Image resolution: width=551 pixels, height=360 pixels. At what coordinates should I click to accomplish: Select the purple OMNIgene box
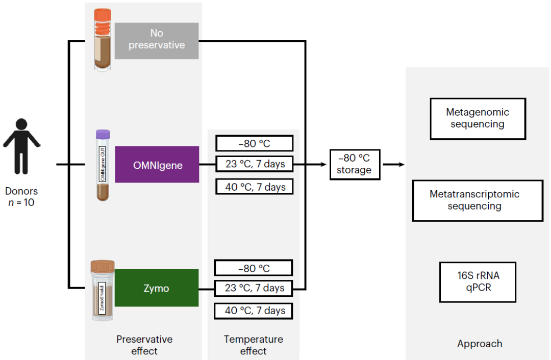tap(157, 164)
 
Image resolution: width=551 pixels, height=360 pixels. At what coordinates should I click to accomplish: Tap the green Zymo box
tap(156, 288)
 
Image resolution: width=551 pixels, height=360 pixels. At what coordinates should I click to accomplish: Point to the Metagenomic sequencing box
tap(478, 118)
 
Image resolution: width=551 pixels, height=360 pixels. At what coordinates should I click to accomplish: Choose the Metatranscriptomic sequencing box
tap(477, 200)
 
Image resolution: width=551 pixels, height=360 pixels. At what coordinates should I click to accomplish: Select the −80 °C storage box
tap(355, 165)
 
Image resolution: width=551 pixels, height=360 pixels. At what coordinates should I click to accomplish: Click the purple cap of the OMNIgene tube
tap(103, 134)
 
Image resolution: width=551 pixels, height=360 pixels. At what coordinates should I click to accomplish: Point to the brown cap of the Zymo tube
tap(103, 266)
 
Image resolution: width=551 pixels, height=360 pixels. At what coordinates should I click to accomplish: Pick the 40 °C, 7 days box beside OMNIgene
tap(255, 187)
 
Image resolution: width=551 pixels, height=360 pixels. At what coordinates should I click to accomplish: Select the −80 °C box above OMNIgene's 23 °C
tap(255, 143)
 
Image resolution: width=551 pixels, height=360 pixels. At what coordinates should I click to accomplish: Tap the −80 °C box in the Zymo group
tap(254, 268)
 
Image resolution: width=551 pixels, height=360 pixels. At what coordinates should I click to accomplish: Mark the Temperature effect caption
tap(254, 345)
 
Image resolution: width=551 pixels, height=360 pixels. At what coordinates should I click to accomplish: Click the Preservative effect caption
tap(144, 345)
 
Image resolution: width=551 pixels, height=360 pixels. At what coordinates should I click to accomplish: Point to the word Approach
tap(480, 344)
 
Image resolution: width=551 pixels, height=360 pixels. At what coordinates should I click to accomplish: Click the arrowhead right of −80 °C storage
tap(402, 165)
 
